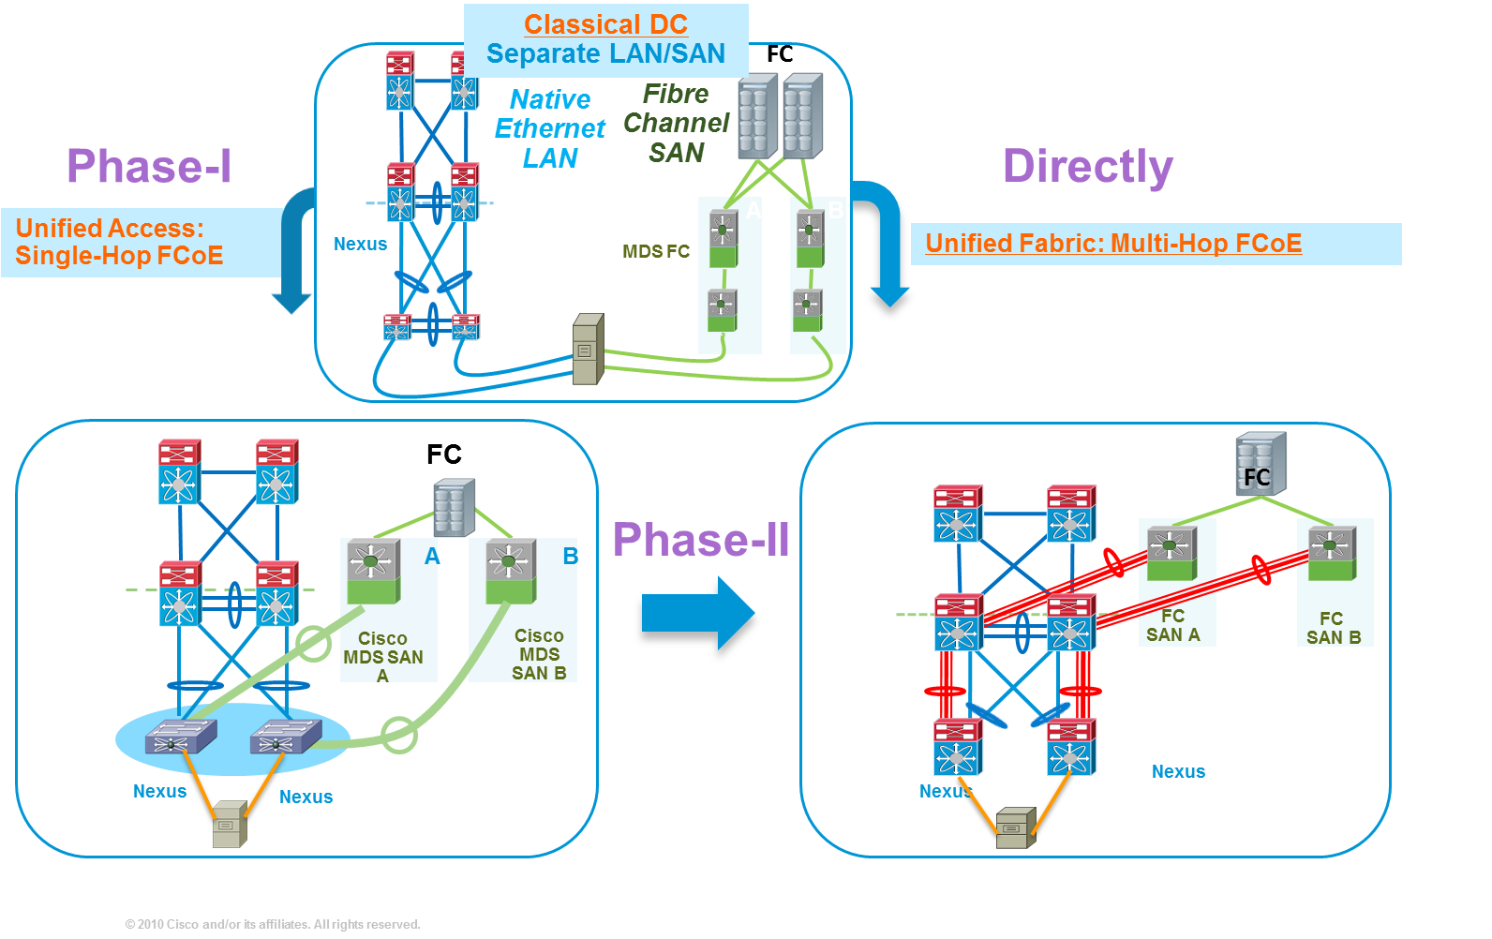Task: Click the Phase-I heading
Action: pos(148,167)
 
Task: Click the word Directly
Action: pos(1087,168)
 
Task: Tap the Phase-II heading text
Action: pos(701,540)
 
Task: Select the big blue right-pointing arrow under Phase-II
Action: pos(697,613)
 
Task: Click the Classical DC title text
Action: pos(605,24)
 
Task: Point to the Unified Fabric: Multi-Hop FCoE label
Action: pos(1113,244)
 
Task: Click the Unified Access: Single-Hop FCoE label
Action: pos(119,242)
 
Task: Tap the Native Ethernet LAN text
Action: pos(550,128)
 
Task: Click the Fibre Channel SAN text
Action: pos(676,123)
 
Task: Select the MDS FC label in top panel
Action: pos(656,251)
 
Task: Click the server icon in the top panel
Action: pos(588,350)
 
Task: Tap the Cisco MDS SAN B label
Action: pos(539,654)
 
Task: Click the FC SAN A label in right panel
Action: pos(1172,625)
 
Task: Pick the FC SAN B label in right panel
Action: pos(1333,628)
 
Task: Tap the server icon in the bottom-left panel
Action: pos(230,824)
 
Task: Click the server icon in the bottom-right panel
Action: pos(1016,827)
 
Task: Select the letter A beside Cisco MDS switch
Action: pos(432,557)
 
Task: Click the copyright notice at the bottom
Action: pos(273,924)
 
